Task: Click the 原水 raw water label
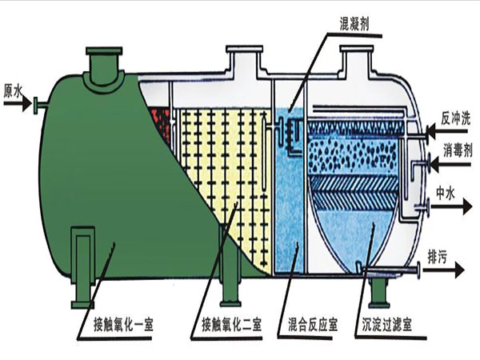point(13,91)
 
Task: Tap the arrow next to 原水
point(17,104)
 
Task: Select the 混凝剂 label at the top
point(354,23)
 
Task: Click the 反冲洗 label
point(455,118)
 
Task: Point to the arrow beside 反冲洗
point(446,132)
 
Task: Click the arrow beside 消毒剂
point(450,164)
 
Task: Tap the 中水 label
point(446,194)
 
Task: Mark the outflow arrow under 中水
point(451,207)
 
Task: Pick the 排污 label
point(437,257)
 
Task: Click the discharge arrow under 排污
point(443,270)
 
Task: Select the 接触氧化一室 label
point(123,325)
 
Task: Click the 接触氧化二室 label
point(232,325)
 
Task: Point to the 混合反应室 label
point(313,325)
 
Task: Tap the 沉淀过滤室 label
point(386,325)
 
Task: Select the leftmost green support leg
point(82,267)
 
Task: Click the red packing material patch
point(162,125)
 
